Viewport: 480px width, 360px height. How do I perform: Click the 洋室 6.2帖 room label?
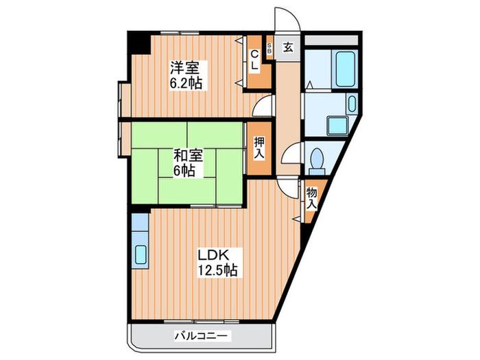[187, 75]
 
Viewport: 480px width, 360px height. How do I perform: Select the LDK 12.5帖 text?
[217, 263]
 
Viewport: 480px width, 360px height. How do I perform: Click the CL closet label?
[254, 60]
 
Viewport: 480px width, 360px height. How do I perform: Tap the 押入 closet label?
[259, 148]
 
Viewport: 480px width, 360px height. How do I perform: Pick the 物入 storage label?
[311, 198]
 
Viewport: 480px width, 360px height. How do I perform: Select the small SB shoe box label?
[269, 49]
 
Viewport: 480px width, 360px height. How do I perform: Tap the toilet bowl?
[317, 159]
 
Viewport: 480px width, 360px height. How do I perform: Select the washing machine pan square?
[337, 125]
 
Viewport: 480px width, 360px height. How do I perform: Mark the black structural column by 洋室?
[139, 43]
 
